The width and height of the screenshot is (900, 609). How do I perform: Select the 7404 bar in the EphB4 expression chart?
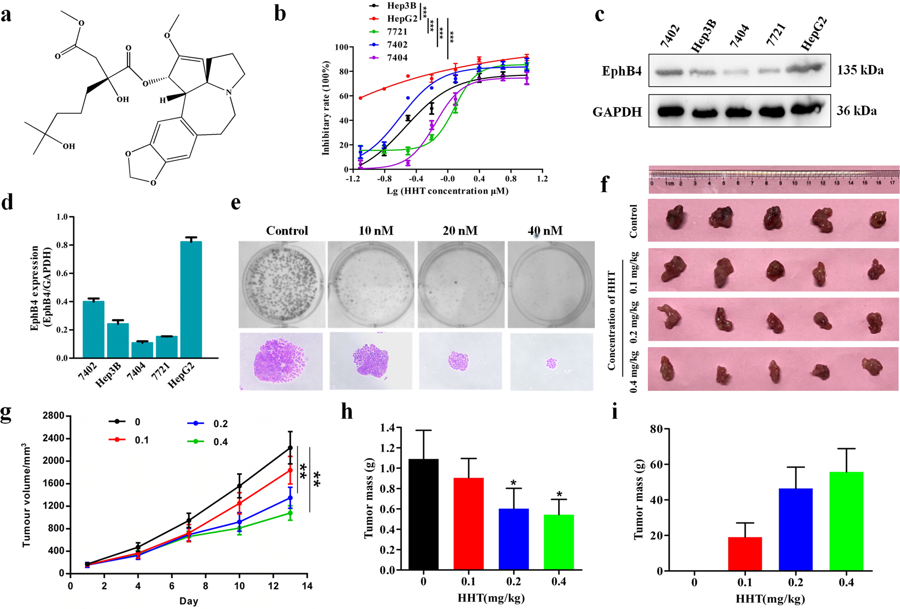[x=142, y=349]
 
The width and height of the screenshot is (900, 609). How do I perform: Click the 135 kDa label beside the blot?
[x=860, y=70]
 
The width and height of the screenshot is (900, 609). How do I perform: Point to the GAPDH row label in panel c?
[x=617, y=112]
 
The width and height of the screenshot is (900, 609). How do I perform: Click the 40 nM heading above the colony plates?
[x=545, y=231]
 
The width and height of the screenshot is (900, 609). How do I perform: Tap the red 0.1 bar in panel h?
[x=468, y=524]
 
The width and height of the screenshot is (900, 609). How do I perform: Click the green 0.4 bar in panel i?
[x=846, y=521]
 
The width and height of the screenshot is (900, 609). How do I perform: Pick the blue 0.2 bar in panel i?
[x=795, y=529]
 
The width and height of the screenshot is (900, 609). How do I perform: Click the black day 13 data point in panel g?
[x=290, y=448]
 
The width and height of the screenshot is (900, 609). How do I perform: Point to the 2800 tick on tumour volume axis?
[x=53, y=416]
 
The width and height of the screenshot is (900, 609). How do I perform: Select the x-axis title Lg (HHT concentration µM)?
[x=447, y=191]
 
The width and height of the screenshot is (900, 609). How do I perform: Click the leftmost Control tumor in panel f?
[x=674, y=217]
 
